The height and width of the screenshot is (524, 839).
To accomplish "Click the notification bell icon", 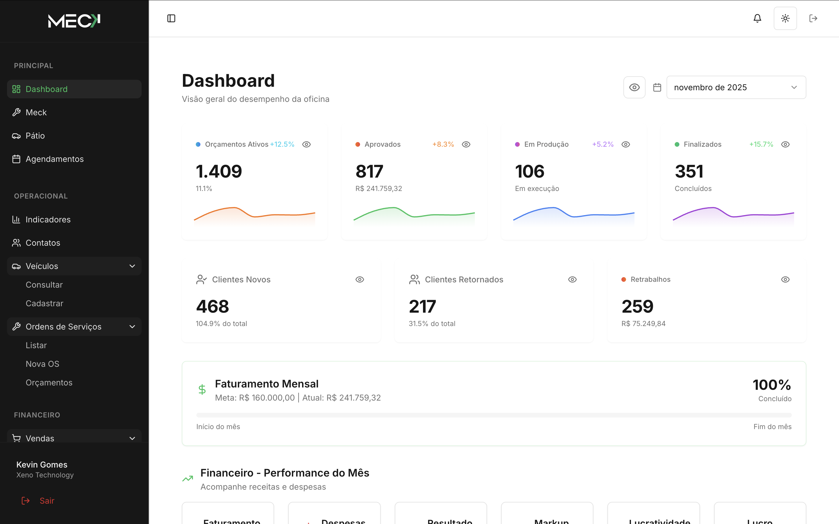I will tap(757, 18).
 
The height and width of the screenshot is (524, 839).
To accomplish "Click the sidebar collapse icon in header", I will tap(171, 18).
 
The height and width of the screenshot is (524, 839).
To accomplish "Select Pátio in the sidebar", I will tap(35, 135).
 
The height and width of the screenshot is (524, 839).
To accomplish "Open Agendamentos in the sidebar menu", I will tap(54, 159).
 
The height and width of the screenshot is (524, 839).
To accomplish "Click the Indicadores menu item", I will tap(48, 219).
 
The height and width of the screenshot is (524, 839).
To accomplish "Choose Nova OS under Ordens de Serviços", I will tap(42, 364).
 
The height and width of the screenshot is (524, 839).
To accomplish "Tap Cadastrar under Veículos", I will tap(44, 303).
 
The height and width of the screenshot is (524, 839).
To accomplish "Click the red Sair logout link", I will tap(47, 500).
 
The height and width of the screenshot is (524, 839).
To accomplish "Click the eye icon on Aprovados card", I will tap(466, 144).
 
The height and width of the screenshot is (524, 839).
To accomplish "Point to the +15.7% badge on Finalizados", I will tap(761, 144).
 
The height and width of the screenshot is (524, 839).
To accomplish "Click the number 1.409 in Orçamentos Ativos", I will tap(219, 171).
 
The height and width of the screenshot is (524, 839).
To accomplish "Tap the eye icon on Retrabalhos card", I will tap(785, 279).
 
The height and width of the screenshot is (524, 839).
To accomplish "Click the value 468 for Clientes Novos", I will tap(212, 306).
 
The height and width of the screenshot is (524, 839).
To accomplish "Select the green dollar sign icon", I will tap(202, 390).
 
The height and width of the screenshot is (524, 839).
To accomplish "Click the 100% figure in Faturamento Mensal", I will tap(771, 385).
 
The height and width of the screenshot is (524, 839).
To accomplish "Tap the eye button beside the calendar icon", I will tap(634, 87).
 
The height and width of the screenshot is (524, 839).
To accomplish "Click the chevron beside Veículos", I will tap(132, 266).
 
